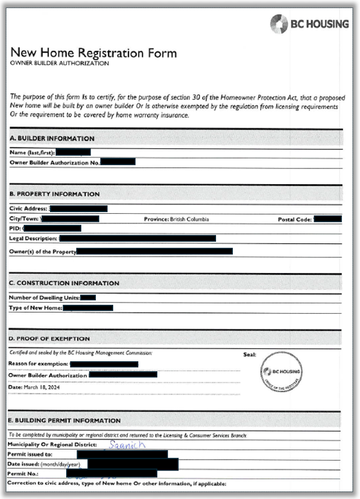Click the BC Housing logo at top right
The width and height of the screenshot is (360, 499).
[309, 24]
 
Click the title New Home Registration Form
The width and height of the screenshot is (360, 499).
[93, 53]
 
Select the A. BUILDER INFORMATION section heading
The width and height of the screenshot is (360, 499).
[52, 138]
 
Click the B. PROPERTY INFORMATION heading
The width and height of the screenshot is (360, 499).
[55, 193]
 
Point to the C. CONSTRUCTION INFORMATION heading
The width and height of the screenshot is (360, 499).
[64, 283]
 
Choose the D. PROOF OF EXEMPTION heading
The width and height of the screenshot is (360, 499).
[49, 339]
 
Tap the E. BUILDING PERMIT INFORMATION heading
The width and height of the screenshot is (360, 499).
[65, 420]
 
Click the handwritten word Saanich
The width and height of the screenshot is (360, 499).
[128, 444]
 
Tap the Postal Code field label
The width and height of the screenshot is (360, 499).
[295, 220]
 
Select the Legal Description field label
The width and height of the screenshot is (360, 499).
[33, 238]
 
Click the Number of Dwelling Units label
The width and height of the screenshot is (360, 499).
[44, 297]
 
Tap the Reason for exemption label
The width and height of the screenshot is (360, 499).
[38, 364]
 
